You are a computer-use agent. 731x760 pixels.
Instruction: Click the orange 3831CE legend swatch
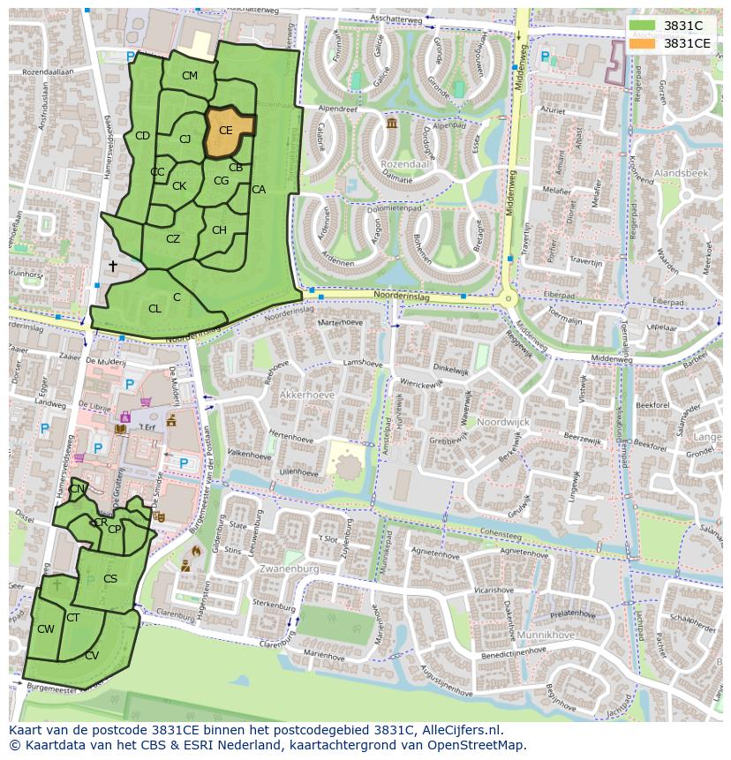tap(643, 43)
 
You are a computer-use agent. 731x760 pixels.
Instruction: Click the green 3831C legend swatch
tap(643, 26)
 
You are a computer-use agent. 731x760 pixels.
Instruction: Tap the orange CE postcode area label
tap(226, 131)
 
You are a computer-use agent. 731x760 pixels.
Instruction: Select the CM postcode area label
tap(190, 76)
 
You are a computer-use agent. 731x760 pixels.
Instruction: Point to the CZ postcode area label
tap(173, 239)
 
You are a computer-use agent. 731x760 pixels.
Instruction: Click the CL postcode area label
tap(154, 309)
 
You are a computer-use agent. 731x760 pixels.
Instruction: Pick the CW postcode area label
tap(46, 629)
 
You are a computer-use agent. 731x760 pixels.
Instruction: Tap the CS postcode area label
tap(110, 579)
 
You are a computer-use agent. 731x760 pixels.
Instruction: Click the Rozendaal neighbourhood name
tap(405, 164)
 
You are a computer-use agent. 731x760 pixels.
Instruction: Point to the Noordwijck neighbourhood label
tap(503, 422)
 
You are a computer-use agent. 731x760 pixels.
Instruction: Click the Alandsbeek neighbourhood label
tap(681, 174)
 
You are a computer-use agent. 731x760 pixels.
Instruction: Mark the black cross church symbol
tap(112, 266)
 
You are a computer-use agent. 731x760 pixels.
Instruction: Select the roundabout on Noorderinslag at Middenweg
tap(508, 300)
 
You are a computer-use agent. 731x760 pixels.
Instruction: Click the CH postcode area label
tap(219, 230)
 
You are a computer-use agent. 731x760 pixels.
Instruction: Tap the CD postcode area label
tap(142, 136)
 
